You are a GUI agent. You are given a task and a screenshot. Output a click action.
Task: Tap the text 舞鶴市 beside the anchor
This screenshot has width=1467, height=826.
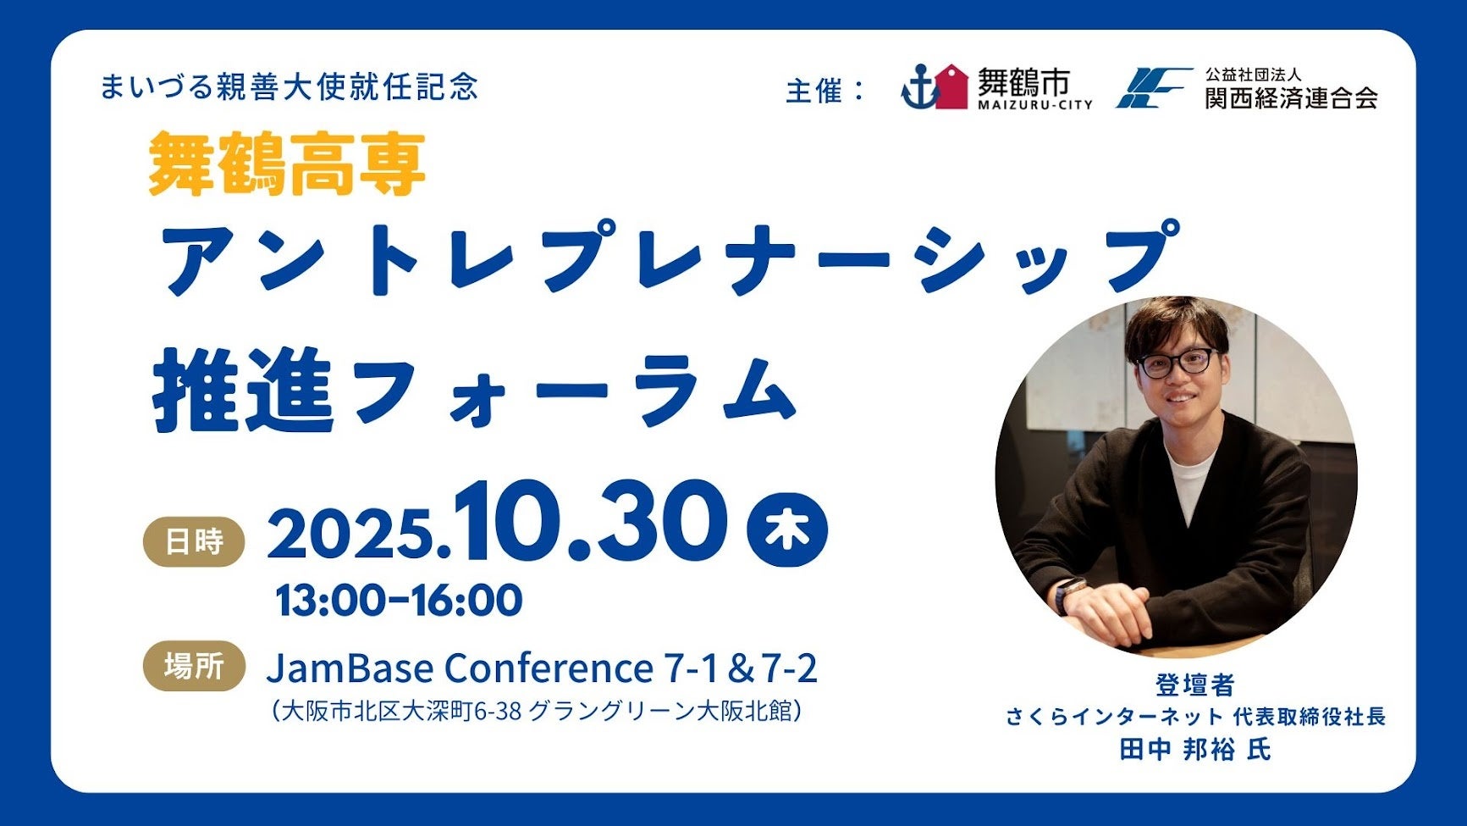coord(1024,82)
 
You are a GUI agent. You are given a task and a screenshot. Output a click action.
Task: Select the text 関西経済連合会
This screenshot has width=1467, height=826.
coord(1291,97)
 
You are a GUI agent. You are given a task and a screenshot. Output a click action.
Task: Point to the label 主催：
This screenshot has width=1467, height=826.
coord(826,91)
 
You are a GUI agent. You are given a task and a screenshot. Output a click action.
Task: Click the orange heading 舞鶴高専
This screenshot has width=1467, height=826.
coord(286,165)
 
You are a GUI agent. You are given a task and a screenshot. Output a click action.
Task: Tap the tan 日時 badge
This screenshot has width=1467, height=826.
coord(194,541)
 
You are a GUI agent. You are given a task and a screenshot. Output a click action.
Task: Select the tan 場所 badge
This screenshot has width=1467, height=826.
coord(194,666)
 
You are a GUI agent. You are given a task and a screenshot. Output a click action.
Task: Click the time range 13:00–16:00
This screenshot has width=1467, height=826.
coord(399,601)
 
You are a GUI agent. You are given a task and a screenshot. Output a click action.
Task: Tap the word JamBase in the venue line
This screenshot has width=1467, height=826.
coord(350,668)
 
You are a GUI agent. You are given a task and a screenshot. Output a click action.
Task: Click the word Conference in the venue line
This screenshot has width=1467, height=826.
coord(549,668)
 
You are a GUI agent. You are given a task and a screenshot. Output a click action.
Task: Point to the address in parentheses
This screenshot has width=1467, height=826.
coord(536,710)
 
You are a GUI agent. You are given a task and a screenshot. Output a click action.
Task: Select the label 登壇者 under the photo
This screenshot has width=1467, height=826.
coord(1194,685)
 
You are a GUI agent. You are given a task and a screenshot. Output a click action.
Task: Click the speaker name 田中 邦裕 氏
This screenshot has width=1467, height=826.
coord(1194,749)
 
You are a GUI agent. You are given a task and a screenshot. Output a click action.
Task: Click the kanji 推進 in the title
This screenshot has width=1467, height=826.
coord(244,391)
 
